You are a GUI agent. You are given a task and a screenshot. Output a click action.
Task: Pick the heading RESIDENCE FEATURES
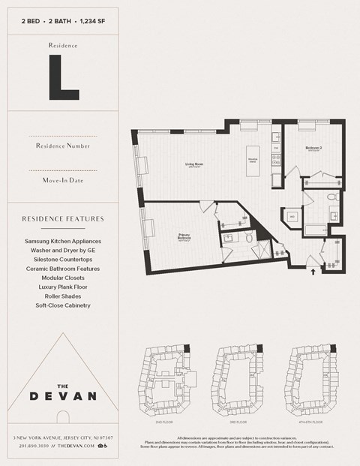coord(63,219)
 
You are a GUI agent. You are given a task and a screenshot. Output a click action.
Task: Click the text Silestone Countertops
coord(63,259)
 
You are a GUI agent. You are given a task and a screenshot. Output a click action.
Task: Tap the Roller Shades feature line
coord(63,296)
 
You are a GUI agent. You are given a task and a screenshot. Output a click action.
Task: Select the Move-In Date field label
coord(63,181)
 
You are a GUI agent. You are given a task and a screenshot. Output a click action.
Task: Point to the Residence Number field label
coord(63,145)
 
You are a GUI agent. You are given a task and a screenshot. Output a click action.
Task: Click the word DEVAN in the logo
coord(63,395)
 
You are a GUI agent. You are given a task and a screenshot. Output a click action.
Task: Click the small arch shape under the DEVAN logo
coord(63,417)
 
